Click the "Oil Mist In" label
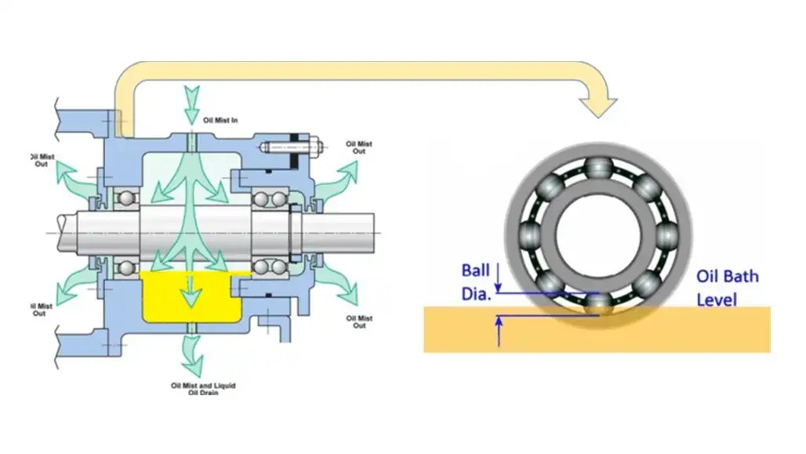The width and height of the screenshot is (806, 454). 220,120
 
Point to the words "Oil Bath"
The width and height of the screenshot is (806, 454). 727,277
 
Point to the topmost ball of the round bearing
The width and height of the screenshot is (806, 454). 597,166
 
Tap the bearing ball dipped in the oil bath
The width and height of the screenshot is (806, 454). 597,303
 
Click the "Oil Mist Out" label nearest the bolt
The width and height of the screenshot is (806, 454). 359,147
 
